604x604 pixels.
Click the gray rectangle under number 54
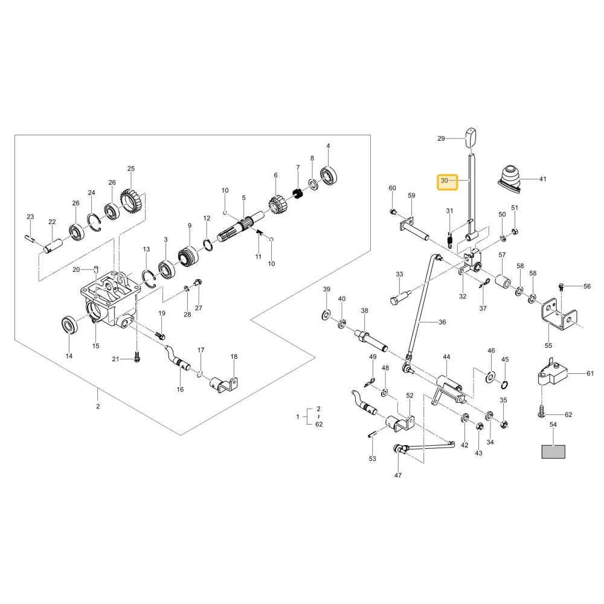[x=553, y=451]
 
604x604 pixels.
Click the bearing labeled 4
[x=329, y=176]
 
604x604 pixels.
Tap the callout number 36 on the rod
[x=442, y=322]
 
